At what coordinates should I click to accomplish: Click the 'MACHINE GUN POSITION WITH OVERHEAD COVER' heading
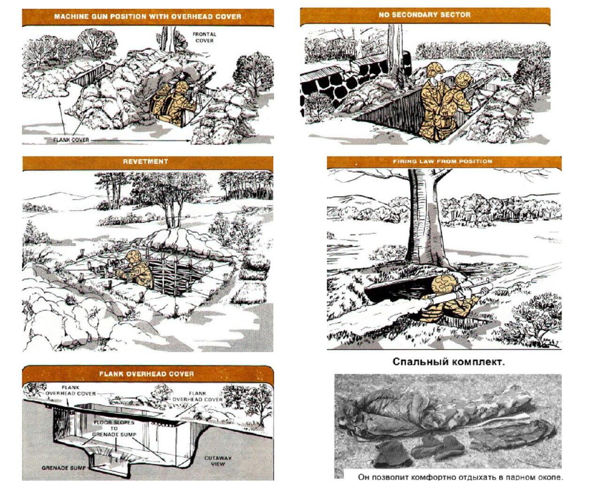tap(147, 16)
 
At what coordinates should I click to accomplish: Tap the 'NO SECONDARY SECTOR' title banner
tap(424, 15)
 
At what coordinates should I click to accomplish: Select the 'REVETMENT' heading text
tap(146, 161)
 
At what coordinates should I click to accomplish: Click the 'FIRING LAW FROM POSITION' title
tap(442, 161)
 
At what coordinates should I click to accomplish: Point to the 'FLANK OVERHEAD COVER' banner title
tap(146, 374)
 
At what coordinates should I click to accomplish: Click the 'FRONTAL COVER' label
tap(204, 37)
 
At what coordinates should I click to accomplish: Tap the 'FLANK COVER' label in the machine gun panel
tap(71, 140)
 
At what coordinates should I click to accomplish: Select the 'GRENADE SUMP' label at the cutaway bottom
tap(63, 468)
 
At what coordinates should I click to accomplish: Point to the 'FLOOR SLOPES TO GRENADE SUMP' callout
tap(115, 428)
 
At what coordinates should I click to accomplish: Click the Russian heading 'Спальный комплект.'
tap(448, 362)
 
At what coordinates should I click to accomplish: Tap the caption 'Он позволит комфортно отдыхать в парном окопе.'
tap(461, 477)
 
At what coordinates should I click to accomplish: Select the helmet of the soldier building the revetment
tap(133, 257)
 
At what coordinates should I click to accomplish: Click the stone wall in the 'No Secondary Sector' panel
tap(342, 80)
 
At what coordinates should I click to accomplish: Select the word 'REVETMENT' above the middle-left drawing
tap(146, 161)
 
